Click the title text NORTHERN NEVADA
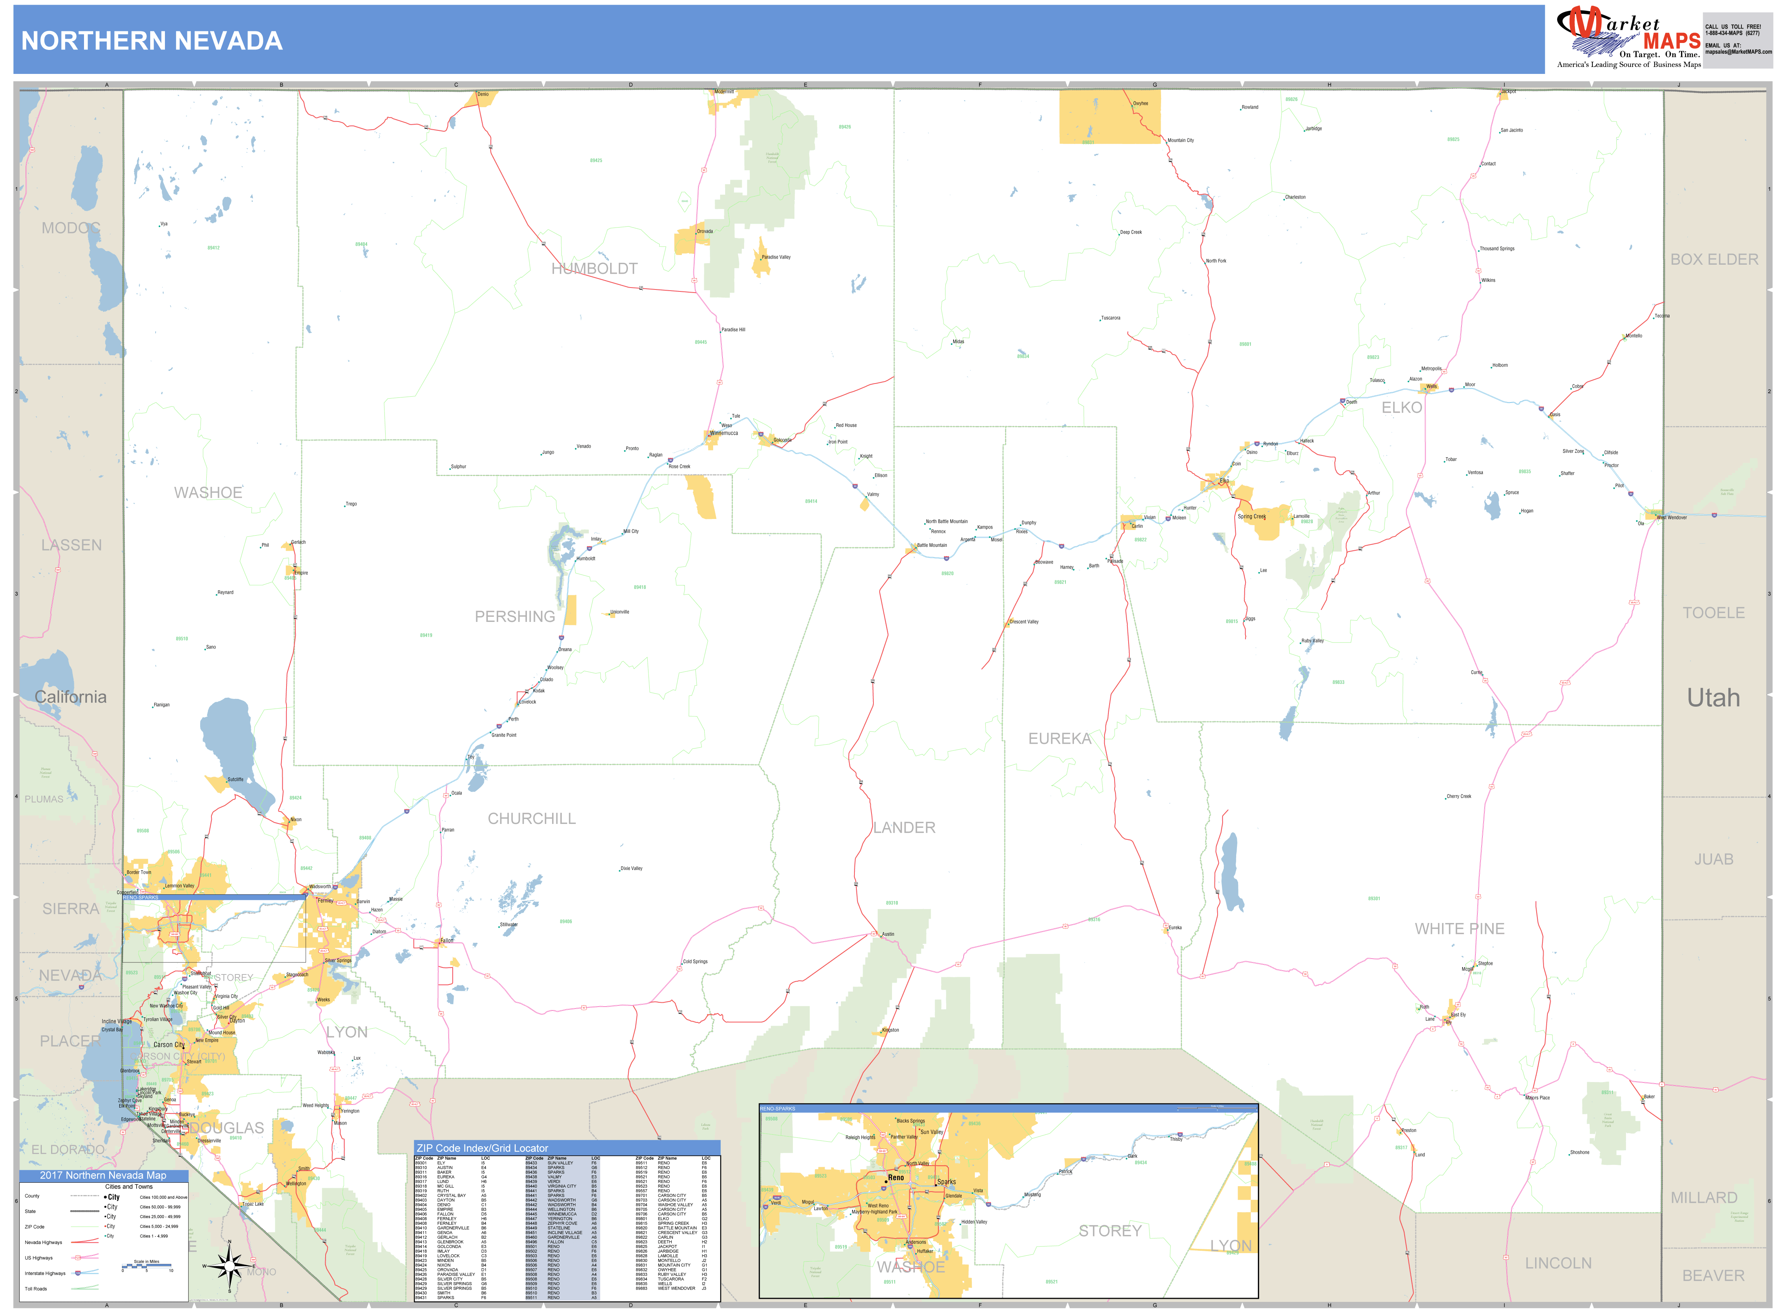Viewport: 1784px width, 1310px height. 151,41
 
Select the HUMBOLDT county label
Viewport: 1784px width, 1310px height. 594,269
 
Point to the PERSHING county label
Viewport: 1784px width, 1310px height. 515,616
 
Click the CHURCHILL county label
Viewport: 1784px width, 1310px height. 532,819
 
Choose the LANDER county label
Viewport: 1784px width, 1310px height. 904,827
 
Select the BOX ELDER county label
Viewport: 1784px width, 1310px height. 1714,259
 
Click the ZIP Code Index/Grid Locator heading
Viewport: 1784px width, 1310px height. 482,1148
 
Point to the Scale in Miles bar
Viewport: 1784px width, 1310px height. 147,1266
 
